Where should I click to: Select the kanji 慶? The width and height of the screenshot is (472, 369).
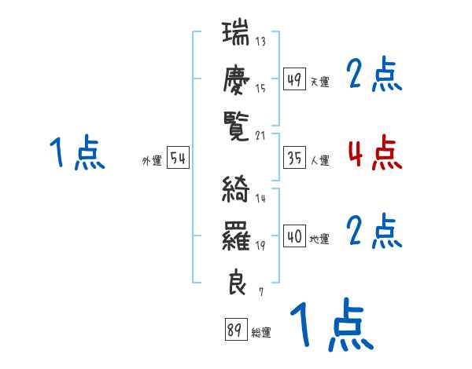tap(237, 81)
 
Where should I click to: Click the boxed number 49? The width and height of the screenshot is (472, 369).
tap(294, 79)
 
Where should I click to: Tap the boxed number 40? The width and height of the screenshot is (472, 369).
tap(294, 236)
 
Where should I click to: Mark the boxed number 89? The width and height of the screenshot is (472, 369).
tap(235, 331)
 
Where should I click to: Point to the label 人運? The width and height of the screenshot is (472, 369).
tap(319, 160)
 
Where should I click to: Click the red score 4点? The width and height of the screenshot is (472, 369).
tap(374, 153)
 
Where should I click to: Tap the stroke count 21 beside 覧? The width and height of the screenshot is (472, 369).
tap(261, 136)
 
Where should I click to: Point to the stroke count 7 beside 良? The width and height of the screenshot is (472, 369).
tap(261, 291)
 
